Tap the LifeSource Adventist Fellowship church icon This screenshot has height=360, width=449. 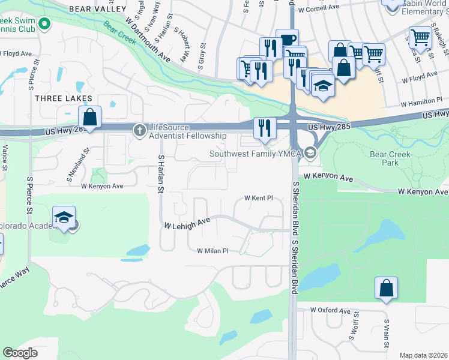point(139,129)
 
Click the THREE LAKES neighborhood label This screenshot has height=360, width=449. point(64,98)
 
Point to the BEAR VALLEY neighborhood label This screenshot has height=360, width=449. point(98,9)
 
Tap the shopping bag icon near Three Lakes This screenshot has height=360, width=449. point(89,116)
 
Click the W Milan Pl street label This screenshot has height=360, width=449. point(212,251)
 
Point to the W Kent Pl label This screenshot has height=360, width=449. point(259,197)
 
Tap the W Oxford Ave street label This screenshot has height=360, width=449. point(330,310)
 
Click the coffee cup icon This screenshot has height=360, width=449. point(287,40)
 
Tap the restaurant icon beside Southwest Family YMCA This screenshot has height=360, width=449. point(264,127)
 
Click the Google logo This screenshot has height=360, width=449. point(20,353)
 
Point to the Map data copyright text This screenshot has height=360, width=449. point(423,355)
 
